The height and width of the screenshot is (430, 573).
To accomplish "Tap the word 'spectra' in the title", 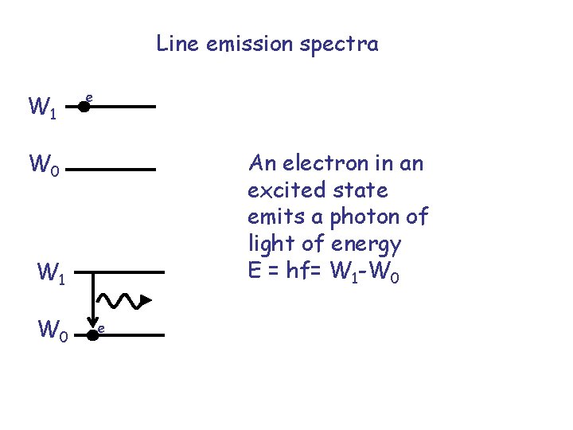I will (x=344, y=45).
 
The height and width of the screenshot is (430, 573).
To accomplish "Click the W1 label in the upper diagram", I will (x=42, y=107).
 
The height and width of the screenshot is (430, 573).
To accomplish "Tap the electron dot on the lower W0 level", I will (x=92, y=335).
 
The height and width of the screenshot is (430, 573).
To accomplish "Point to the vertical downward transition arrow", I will (x=94, y=299).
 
